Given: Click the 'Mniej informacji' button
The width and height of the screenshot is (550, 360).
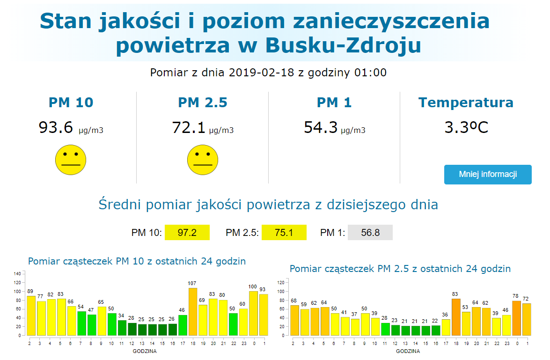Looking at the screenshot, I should (487, 175).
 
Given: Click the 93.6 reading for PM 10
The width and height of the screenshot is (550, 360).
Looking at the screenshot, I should (56, 127).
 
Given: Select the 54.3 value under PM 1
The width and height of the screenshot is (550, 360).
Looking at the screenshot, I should (321, 127).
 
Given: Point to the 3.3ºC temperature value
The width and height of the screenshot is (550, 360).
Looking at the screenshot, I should (466, 127).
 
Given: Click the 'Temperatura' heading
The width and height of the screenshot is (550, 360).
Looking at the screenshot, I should (466, 103).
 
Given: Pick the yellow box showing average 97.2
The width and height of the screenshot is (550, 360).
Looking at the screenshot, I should (187, 233).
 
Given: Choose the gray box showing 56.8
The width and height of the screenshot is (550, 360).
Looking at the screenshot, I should (370, 233).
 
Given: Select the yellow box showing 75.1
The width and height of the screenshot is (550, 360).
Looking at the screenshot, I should (284, 233).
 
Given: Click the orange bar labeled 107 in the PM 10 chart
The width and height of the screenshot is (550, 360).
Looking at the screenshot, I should (192, 311).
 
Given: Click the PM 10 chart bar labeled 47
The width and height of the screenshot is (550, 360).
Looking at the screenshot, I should (92, 325).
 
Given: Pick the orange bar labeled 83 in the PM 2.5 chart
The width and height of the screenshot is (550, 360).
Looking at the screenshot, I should (456, 317).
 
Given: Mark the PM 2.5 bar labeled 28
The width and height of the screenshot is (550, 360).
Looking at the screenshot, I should (385, 329).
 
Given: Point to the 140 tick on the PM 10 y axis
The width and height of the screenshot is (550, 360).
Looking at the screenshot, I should (17, 273).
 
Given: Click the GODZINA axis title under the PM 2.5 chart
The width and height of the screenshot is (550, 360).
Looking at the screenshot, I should (408, 351).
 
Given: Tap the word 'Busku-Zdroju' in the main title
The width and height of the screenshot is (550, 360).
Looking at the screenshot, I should (343, 45).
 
